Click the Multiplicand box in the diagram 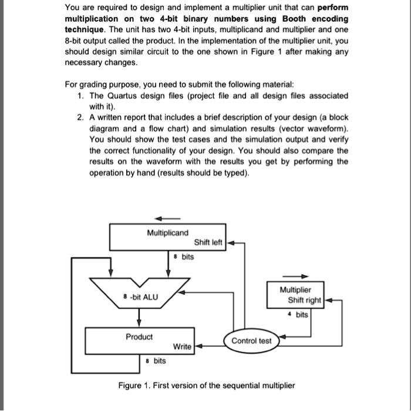point(167,237)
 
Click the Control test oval point(251,341)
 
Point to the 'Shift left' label point(208,243)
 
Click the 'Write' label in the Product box point(183,346)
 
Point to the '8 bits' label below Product point(156,361)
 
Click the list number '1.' point(80,96)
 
